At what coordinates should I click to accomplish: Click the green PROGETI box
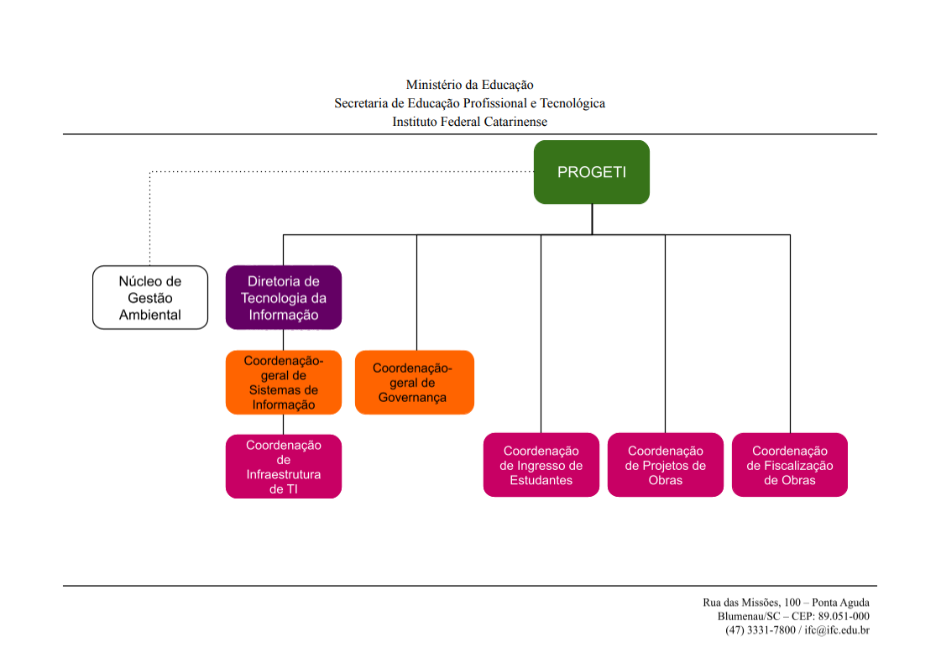point(592,172)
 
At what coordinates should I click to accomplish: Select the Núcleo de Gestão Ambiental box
point(150,297)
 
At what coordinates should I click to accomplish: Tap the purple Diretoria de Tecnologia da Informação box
point(284,297)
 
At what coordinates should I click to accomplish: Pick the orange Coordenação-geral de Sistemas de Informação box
point(284,382)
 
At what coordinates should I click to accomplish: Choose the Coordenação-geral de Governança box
point(415,382)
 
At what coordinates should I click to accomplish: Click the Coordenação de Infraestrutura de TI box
point(284,467)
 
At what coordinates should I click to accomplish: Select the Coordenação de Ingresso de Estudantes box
point(541,465)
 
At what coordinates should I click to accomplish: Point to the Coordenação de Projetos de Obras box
point(666,465)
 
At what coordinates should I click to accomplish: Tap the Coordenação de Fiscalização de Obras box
point(790,465)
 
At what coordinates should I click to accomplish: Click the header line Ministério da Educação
point(469,85)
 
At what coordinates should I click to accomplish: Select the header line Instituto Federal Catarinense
point(469,122)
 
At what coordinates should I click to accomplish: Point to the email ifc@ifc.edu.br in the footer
point(837,629)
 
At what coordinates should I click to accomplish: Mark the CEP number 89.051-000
point(844,616)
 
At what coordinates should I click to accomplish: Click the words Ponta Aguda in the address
point(841,603)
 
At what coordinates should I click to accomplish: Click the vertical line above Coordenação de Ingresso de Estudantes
point(541,336)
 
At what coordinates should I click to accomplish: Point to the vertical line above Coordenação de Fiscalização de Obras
point(790,336)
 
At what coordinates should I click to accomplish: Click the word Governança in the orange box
point(412,398)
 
